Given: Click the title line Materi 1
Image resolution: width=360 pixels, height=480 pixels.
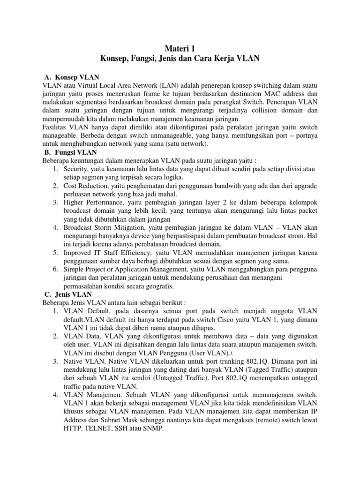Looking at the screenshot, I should (x=180, y=48).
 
